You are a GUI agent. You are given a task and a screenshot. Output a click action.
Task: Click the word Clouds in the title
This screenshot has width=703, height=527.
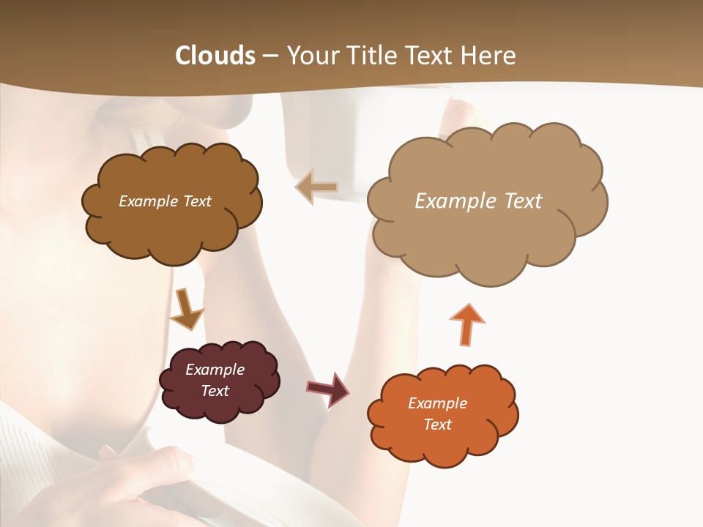[215, 56]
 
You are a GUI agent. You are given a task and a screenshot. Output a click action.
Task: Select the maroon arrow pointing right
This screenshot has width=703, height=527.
[328, 389]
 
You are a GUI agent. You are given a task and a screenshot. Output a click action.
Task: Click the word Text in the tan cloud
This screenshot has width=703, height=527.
[524, 201]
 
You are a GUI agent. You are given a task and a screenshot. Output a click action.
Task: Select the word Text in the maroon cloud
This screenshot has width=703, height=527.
[215, 391]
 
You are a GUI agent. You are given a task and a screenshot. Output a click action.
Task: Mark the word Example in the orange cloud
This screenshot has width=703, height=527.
[437, 403]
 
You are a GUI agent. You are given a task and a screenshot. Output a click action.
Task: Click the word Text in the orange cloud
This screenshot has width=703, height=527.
[437, 425]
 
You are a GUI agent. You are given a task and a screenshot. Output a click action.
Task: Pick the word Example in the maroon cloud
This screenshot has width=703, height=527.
[215, 370]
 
